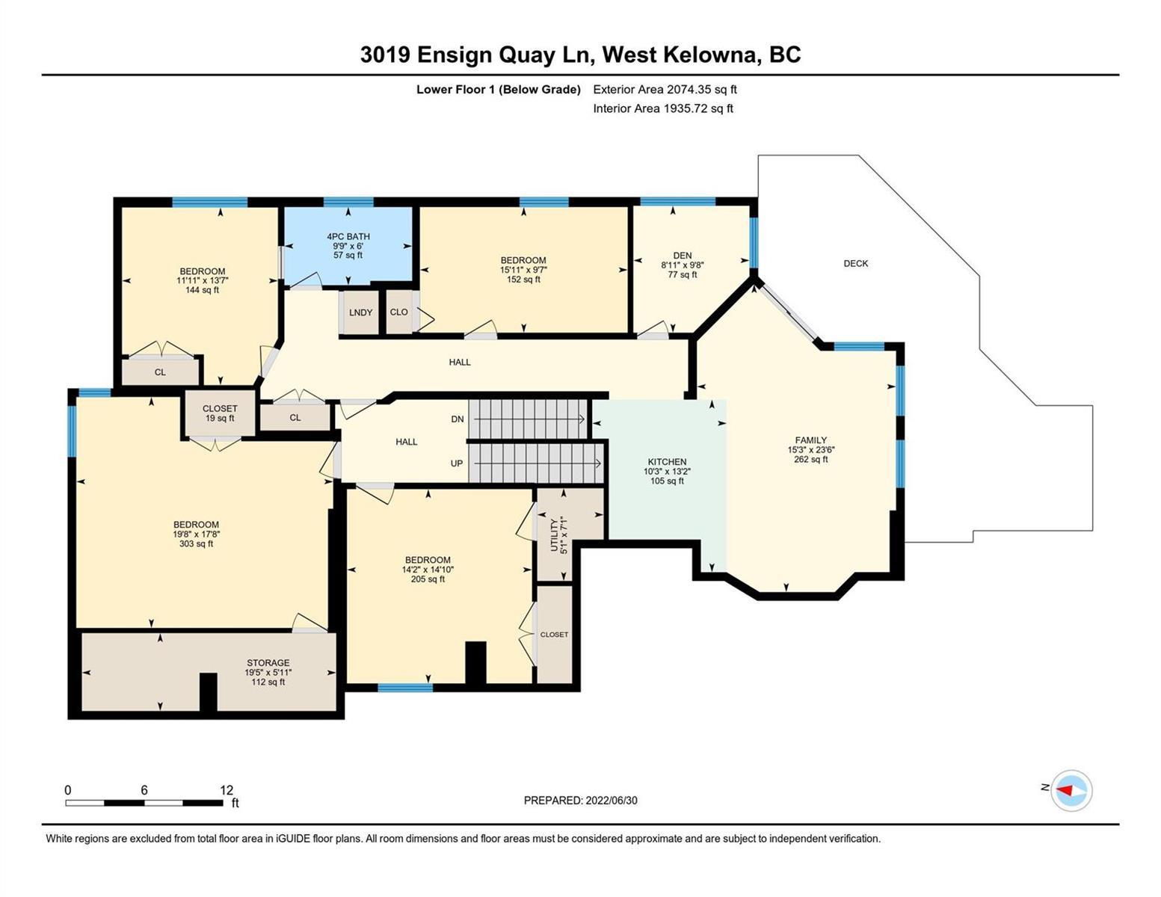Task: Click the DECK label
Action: click(855, 263)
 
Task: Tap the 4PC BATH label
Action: click(348, 236)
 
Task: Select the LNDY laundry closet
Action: click(360, 312)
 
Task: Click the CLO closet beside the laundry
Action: click(399, 312)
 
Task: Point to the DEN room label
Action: click(683, 256)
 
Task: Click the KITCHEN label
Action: click(667, 462)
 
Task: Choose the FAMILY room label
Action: click(810, 440)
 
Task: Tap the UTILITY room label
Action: click(554, 536)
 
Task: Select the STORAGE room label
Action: click(268, 662)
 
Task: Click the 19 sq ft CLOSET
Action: click(220, 413)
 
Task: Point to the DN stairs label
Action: click(458, 419)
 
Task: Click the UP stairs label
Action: click(457, 463)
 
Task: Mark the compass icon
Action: click(1071, 790)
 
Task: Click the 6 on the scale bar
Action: click(144, 789)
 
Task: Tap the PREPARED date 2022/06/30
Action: click(612, 801)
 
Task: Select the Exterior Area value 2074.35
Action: click(686, 89)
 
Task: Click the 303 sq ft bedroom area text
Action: click(196, 544)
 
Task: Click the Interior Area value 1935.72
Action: click(685, 108)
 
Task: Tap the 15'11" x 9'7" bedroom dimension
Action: click(523, 270)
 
